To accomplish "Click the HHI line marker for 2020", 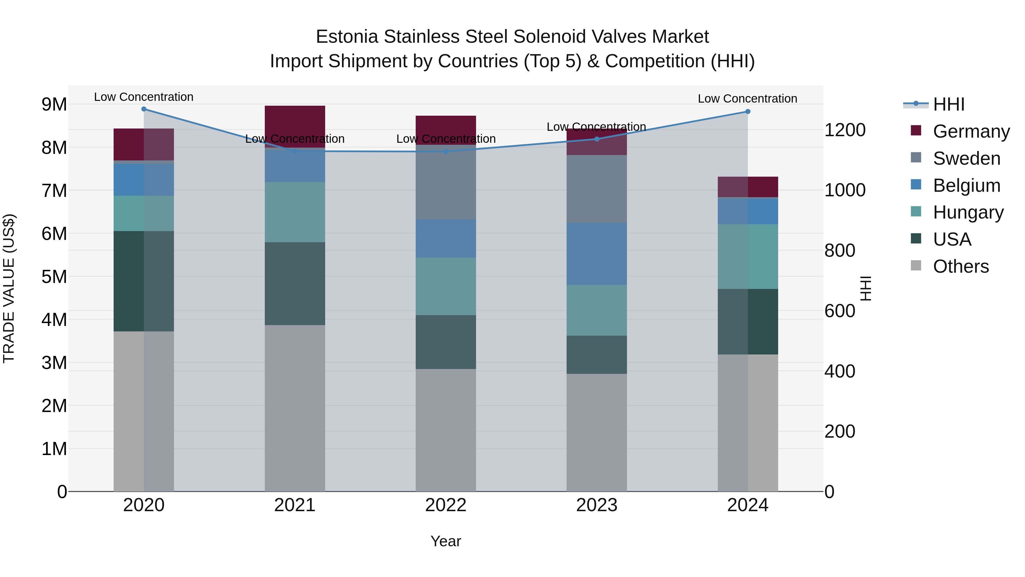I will pyautogui.click(x=144, y=109).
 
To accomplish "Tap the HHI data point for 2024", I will pyautogui.click(x=748, y=111).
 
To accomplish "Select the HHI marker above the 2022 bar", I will pyautogui.click(x=446, y=152).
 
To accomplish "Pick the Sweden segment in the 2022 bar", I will pyautogui.click(x=446, y=182).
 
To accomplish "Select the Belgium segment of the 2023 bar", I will pyautogui.click(x=596, y=254).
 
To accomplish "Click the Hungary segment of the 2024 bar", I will pyautogui.click(x=748, y=256).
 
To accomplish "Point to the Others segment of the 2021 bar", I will pyautogui.click(x=295, y=408).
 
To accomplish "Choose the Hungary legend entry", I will pyautogui.click(x=968, y=212).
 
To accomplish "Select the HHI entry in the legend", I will pyautogui.click(x=949, y=104).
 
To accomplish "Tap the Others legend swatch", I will pyautogui.click(x=916, y=266).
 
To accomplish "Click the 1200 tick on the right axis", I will pyautogui.click(x=845, y=130).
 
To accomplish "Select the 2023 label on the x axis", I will pyautogui.click(x=596, y=505).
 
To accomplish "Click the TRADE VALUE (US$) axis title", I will pyautogui.click(x=9, y=288).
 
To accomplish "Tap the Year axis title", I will pyautogui.click(x=446, y=541).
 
